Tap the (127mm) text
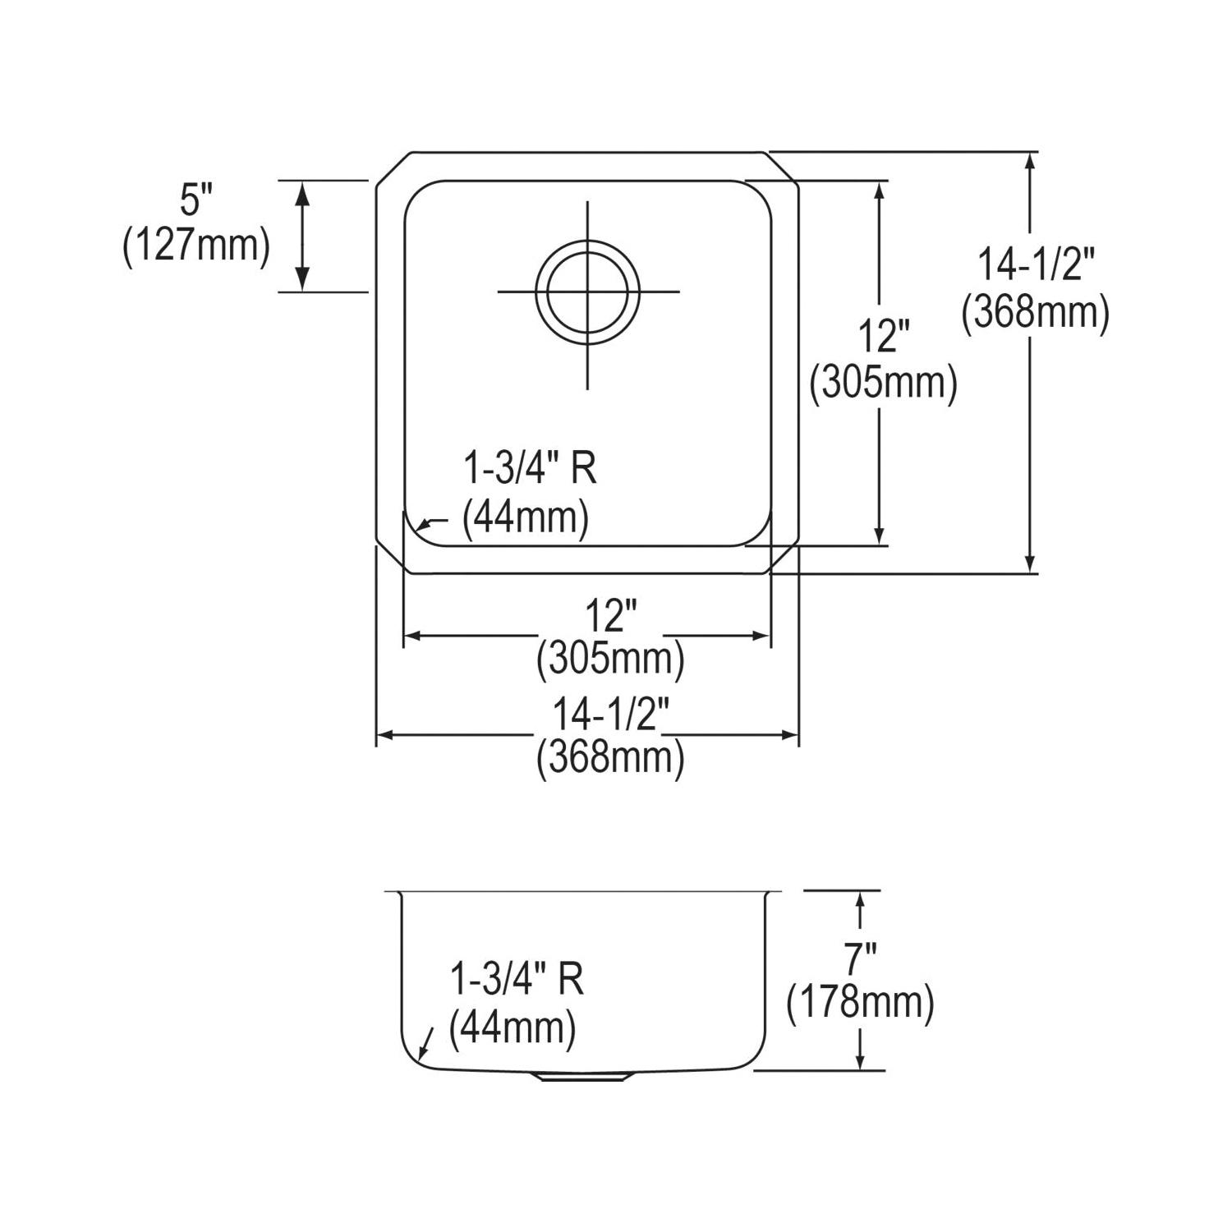coord(196,246)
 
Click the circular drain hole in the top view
coord(587,291)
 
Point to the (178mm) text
coord(861,1004)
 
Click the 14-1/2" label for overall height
coord(1037,268)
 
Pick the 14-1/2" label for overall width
coord(610,716)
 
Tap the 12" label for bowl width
coord(611,617)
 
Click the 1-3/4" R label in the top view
coord(530,471)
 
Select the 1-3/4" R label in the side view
coord(517,980)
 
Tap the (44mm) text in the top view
coord(526,520)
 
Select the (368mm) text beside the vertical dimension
coord(1037,313)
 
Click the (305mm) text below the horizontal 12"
coord(610,660)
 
